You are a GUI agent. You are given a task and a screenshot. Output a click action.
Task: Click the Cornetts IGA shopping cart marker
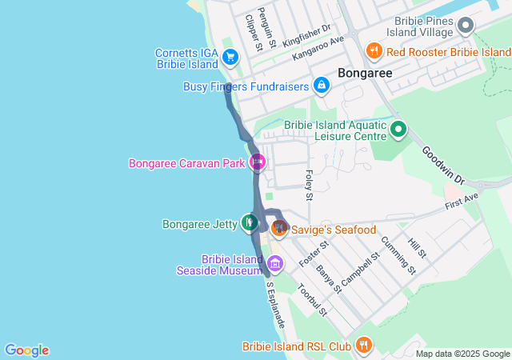[x=230, y=57]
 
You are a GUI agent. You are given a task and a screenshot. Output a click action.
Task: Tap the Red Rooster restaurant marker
[x=374, y=52]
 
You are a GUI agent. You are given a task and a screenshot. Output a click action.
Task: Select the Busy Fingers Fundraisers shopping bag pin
[x=321, y=85]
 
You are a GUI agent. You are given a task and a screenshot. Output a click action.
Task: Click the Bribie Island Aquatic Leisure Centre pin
[x=398, y=129]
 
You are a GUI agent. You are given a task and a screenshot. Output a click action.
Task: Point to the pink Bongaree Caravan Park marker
[x=258, y=163]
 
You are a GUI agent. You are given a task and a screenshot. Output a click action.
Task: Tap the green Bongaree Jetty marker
[x=250, y=223]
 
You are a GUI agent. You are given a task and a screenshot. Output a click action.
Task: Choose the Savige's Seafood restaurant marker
[x=278, y=229]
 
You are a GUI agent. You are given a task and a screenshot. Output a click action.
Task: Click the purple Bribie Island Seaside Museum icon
[x=275, y=263]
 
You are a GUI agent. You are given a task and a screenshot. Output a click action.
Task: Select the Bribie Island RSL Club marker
[x=364, y=346]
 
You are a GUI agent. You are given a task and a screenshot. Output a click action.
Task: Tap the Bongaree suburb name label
[x=366, y=73]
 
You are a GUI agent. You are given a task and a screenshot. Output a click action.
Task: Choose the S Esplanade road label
[x=276, y=302]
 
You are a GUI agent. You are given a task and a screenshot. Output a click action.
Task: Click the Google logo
[x=26, y=350]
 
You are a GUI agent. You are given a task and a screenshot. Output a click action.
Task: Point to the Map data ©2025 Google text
[x=462, y=354]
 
